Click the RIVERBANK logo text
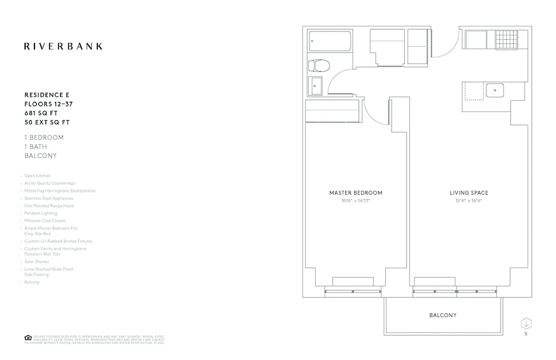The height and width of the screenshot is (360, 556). click(63, 46)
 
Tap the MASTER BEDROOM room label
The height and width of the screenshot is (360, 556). click(355, 193)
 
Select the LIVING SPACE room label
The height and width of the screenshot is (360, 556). click(469, 193)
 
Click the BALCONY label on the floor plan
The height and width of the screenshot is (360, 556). click(443, 315)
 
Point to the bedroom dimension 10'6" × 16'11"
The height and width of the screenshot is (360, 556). click(355, 201)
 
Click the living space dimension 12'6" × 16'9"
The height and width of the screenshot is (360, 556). click(469, 201)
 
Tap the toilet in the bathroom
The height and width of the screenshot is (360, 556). click(318, 66)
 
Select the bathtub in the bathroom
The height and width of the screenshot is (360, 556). click(328, 42)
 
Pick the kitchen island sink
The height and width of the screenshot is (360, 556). click(494, 90)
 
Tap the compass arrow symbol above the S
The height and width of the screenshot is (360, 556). click(526, 323)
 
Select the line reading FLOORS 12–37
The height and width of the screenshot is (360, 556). click(49, 104)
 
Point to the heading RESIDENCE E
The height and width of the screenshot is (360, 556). click(47, 95)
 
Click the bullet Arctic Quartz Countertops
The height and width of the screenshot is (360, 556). click(50, 184)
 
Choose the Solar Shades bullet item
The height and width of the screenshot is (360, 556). click(36, 261)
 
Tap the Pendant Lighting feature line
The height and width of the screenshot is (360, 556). click(41, 213)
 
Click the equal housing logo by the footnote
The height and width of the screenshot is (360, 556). click(27, 337)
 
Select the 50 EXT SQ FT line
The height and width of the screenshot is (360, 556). click(47, 122)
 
